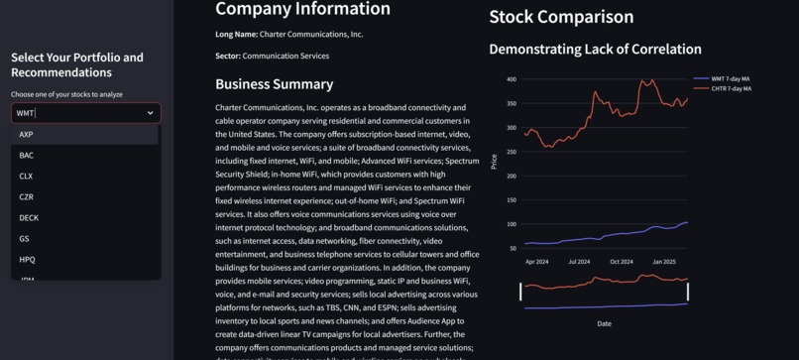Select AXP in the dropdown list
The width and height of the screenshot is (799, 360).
[x=27, y=134]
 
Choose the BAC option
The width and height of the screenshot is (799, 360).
[x=27, y=155]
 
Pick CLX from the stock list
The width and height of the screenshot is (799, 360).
[x=27, y=176]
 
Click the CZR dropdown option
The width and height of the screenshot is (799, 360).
[x=27, y=196]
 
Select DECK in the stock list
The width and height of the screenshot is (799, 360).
[x=29, y=217]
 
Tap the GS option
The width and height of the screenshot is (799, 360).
[x=25, y=238]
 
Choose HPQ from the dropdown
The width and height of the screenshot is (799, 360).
[x=28, y=259]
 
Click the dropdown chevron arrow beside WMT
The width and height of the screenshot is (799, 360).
[x=151, y=113]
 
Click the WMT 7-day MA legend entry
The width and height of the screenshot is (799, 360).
[x=731, y=78]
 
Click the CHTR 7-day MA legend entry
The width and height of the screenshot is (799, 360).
[x=731, y=88]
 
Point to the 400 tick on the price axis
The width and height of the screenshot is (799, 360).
[x=511, y=79]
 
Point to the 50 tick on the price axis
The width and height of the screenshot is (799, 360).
[x=513, y=248]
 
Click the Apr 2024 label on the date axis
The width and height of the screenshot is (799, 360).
[x=536, y=262]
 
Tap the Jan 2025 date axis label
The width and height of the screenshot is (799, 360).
[x=663, y=262]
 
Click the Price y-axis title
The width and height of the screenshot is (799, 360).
[x=494, y=161]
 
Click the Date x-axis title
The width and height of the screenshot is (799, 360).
[x=604, y=323]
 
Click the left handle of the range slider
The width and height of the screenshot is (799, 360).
[x=520, y=292]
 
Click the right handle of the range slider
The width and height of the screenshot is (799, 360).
[x=687, y=292]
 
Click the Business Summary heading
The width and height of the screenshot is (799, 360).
[x=274, y=84]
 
